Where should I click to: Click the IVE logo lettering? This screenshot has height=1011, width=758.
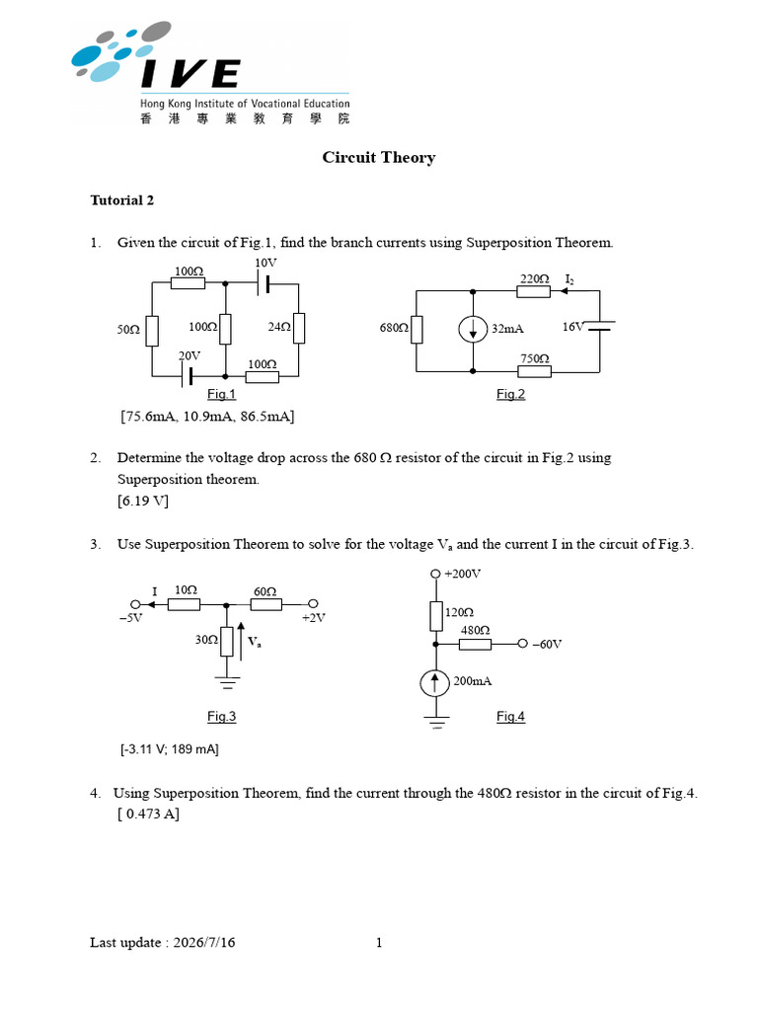[x=190, y=73]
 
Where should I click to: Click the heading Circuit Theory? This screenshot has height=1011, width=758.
[x=379, y=158]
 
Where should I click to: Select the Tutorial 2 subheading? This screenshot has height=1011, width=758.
[x=121, y=200]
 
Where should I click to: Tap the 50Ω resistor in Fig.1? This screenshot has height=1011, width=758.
[x=152, y=330]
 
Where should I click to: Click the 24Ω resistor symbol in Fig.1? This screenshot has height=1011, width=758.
[x=298, y=328]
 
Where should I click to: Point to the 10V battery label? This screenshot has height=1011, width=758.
[x=265, y=263]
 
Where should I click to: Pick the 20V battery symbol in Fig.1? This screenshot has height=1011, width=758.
[x=187, y=376]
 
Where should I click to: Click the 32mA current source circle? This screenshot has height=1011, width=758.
[x=473, y=330]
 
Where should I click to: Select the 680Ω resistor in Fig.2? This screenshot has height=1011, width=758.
[x=417, y=329]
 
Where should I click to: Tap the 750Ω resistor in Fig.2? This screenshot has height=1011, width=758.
[x=534, y=371]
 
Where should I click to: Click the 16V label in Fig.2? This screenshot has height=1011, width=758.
[x=573, y=327]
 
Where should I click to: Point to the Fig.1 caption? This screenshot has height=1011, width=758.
[x=221, y=394]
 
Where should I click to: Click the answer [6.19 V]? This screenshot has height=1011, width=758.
[x=143, y=501]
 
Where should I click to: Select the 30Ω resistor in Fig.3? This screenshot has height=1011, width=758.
[x=226, y=642]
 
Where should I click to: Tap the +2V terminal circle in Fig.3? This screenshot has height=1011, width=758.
[x=313, y=604]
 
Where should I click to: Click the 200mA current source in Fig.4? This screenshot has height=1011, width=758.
[x=435, y=683]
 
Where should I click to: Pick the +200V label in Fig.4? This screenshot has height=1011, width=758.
[x=462, y=574]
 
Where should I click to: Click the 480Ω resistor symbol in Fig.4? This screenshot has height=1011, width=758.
[x=475, y=644]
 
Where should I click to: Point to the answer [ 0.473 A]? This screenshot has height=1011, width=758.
[x=149, y=815]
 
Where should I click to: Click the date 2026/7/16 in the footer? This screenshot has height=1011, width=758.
[x=204, y=943]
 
